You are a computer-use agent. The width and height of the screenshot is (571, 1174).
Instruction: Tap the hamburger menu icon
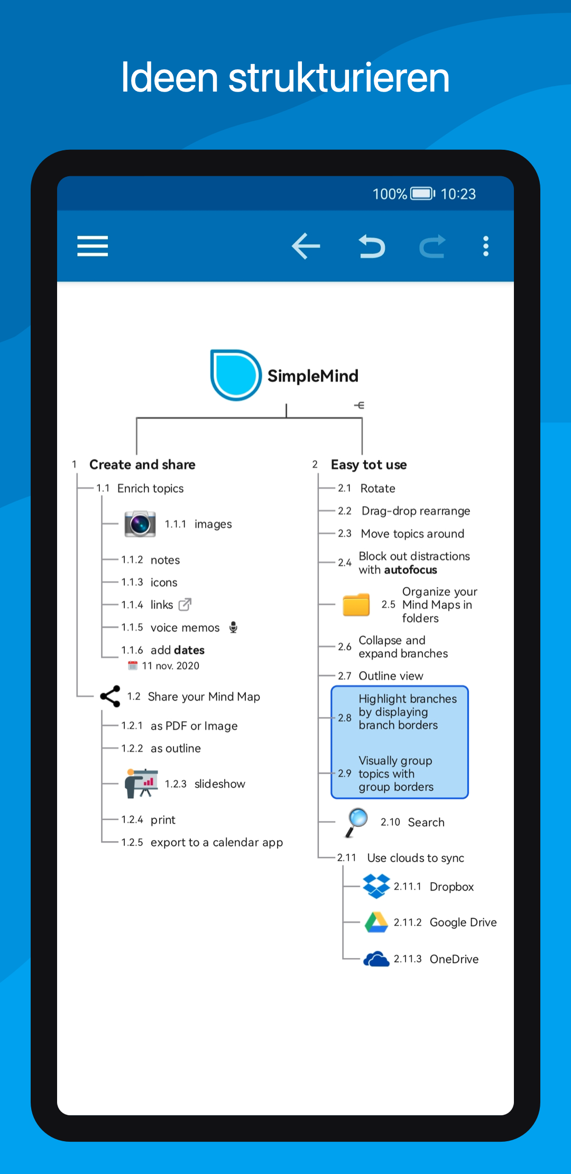[x=93, y=246]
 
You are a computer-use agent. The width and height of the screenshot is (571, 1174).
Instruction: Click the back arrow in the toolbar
[x=306, y=246]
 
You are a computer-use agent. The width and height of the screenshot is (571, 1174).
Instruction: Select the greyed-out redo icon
[x=432, y=247]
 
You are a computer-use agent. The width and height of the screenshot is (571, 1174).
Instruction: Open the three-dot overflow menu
[x=486, y=246]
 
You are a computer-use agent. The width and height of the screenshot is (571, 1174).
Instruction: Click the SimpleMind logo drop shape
[x=236, y=375]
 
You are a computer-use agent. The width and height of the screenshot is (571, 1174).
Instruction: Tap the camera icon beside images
[x=140, y=524]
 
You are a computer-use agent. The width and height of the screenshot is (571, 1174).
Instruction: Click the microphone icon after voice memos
[x=233, y=627]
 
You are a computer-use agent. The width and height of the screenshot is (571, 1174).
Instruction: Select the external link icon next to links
[x=185, y=604]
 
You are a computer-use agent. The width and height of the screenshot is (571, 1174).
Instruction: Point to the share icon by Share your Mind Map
[x=110, y=697]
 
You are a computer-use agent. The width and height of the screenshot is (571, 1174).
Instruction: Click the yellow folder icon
[x=356, y=604]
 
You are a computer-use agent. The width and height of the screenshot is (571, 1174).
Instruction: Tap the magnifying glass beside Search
[x=356, y=823]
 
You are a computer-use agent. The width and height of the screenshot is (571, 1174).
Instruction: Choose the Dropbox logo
[x=376, y=887]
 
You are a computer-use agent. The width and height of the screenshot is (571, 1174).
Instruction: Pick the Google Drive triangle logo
[x=376, y=923]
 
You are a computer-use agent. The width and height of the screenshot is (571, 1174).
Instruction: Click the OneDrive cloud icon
[x=376, y=959]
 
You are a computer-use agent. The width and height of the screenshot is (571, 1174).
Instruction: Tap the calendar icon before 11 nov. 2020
[x=133, y=665]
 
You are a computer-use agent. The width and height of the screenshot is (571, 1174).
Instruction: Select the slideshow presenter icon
[x=141, y=783]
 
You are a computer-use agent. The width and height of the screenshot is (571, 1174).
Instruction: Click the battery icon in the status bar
[x=423, y=194]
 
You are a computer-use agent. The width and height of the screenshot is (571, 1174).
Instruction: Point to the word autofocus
[x=411, y=570]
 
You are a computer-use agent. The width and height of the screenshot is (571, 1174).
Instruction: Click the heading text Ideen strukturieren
[x=285, y=78]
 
